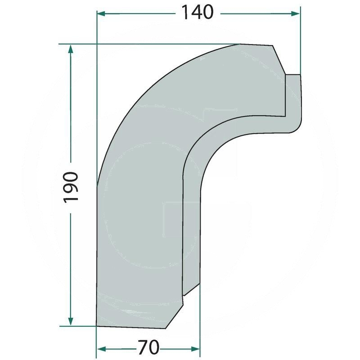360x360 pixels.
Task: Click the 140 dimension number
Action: pos(198,13)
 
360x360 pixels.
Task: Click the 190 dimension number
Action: pos(71,187)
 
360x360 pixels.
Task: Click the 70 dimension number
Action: pos(148,347)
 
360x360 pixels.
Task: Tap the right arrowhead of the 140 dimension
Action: pos(295,14)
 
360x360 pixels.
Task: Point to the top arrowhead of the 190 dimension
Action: pos(71,49)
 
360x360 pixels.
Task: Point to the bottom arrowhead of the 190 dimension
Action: pos(71,321)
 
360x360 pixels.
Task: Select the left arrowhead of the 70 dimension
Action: pos(102,350)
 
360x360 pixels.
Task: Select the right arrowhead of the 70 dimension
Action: pos(195,350)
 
